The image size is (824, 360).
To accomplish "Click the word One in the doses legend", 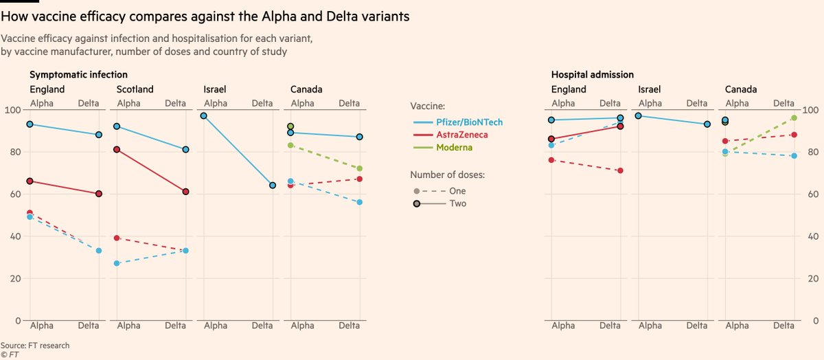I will [457, 190].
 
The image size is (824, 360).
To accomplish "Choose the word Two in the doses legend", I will [458, 203].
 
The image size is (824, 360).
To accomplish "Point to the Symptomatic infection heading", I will [78, 74].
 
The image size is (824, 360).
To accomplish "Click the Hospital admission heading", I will [592, 74].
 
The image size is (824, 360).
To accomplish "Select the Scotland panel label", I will [135, 89].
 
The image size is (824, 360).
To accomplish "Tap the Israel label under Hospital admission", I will [650, 89].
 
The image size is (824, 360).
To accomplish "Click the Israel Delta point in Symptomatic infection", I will [273, 185].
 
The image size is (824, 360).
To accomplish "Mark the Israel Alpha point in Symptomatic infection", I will [204, 116].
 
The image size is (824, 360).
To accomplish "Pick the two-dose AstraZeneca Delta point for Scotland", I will [186, 192].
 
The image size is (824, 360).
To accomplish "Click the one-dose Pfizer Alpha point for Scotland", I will [117, 263].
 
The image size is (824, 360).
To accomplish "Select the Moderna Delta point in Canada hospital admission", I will [794, 118].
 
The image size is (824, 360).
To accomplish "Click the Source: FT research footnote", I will [35, 345].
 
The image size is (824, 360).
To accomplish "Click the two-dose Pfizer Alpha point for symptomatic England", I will [30, 124].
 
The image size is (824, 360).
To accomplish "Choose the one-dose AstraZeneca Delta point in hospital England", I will [620, 170].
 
